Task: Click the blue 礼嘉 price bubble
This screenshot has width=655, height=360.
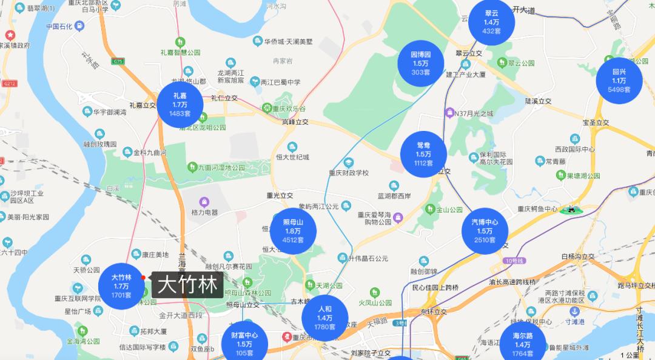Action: point(180,104)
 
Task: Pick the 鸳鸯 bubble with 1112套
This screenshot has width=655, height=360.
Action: point(423,154)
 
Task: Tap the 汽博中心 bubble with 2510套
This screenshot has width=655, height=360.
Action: point(485,231)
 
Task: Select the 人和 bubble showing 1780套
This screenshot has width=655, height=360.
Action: point(324,318)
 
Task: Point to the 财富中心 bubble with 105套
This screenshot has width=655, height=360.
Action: point(244,342)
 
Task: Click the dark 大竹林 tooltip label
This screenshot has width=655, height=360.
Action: point(187,285)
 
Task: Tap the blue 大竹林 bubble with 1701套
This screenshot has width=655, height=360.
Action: point(121,286)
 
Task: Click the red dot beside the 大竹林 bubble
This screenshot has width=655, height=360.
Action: point(143,278)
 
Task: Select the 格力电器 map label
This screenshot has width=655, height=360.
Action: point(204,212)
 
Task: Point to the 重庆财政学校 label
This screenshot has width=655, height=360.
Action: point(349,172)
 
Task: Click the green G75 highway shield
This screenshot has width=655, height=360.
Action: point(118,61)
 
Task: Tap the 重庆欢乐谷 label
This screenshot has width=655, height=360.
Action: point(285,108)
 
